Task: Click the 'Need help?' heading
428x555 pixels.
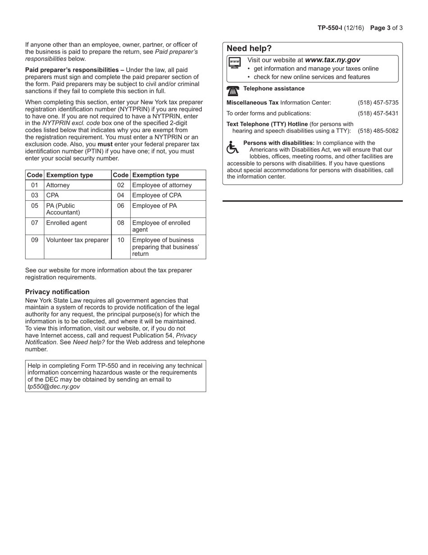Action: [x=249, y=49]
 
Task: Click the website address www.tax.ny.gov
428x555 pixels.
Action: [x=332, y=60]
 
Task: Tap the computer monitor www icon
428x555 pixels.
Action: [x=234, y=63]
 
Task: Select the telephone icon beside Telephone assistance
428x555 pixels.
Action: [x=233, y=90]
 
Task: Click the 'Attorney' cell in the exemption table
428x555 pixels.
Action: [x=58, y=185]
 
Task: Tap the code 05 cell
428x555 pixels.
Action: [x=35, y=206]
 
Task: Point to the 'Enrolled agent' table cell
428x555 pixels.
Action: [x=67, y=223]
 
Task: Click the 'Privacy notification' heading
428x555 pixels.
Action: [x=57, y=292]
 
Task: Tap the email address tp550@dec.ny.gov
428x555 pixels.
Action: [x=54, y=387]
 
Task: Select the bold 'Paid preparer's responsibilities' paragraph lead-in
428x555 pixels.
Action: [x=74, y=70]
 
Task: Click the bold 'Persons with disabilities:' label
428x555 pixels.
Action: [x=278, y=143]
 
